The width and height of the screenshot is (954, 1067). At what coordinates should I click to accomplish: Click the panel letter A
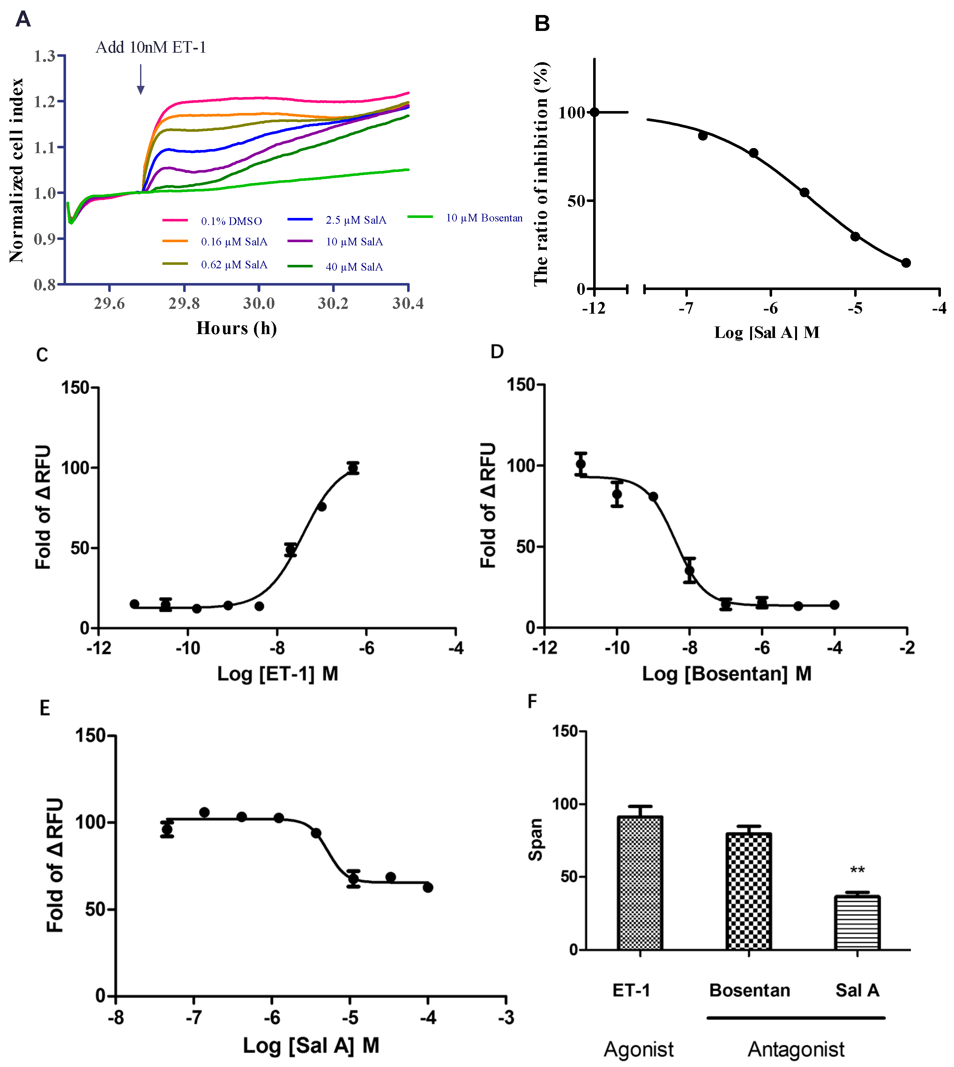pos(23,19)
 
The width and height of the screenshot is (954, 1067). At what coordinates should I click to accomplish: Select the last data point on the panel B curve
pos(906,263)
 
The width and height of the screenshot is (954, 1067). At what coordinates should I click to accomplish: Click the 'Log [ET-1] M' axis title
pos(278,674)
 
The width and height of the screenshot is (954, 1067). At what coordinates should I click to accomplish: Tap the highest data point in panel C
pos(353,468)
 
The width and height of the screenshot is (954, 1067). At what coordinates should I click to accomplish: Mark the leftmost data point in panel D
pos(581,464)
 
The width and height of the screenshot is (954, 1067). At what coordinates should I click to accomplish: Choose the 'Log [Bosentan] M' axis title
pos(727,674)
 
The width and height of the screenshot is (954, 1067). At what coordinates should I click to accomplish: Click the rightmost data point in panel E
pos(428,887)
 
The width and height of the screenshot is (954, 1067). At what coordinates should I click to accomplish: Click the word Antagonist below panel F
pos(796,1049)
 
